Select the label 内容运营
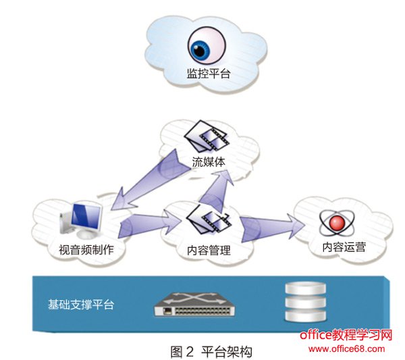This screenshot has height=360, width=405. pyautogui.click(x=344, y=247)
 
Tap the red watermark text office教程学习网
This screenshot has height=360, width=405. pyautogui.click(x=346, y=335)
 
